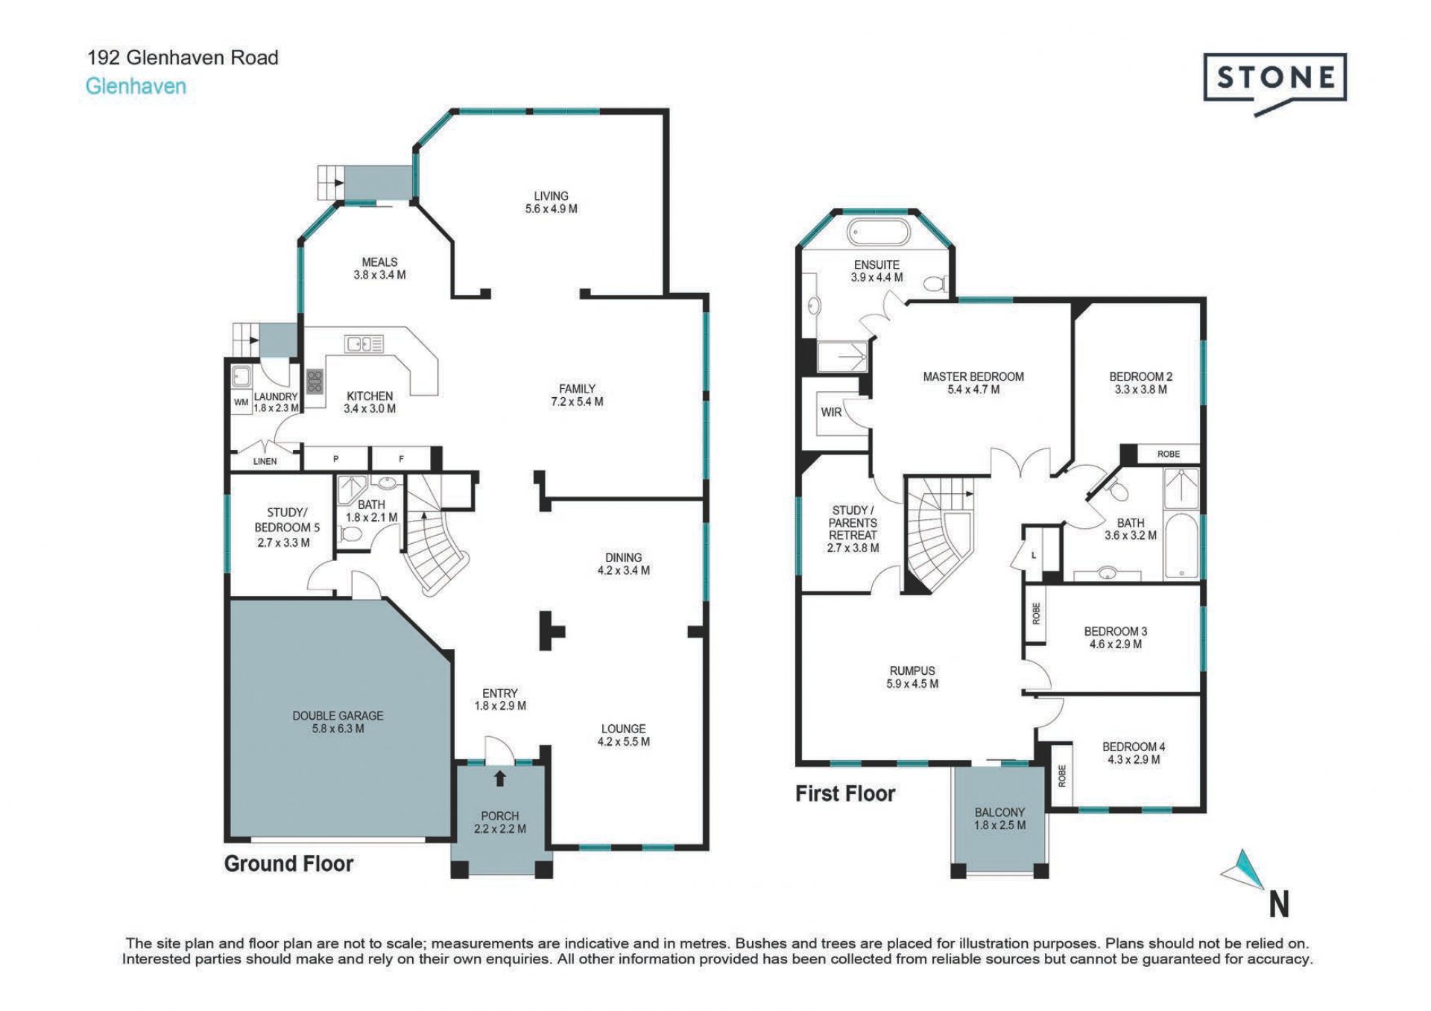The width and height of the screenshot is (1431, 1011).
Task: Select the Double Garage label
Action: (338, 722)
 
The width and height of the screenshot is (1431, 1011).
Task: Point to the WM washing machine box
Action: (241, 402)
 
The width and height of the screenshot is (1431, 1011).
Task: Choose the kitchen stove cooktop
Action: (315, 381)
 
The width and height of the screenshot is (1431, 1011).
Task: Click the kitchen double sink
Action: (364, 343)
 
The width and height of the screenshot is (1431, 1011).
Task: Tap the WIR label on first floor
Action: (831, 412)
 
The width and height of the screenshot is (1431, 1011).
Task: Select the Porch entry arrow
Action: (499, 779)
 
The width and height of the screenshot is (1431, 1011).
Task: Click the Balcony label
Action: (999, 819)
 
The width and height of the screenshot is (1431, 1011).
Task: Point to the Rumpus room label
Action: (912, 677)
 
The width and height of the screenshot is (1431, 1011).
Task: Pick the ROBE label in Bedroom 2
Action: (1169, 454)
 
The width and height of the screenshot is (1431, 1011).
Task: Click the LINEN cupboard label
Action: (265, 462)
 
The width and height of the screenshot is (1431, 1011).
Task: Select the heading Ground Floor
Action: (288, 864)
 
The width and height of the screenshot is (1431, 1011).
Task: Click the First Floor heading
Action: (845, 794)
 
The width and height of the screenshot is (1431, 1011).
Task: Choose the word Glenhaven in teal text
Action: (136, 86)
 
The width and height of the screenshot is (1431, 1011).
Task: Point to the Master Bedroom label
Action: (973, 383)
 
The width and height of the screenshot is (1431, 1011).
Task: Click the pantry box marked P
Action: (335, 458)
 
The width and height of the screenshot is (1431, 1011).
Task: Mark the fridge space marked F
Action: (401, 458)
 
